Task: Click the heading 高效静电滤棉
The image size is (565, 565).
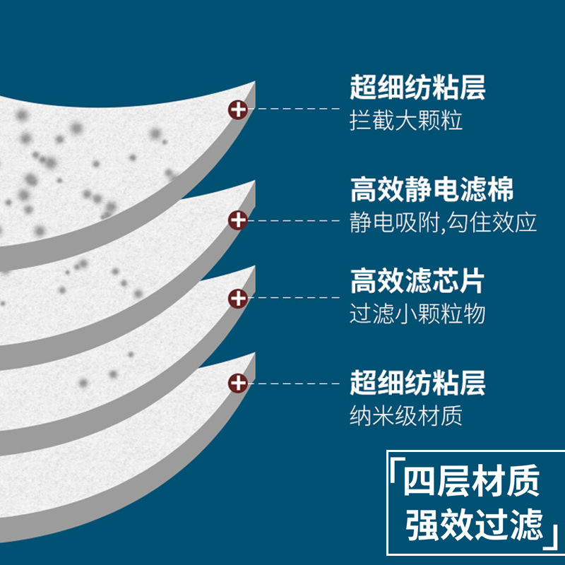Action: (x=431, y=191)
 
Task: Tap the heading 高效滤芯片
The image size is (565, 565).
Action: (x=417, y=282)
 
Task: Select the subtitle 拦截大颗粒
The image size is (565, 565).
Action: (x=406, y=121)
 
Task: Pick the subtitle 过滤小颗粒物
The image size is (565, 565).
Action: (x=417, y=314)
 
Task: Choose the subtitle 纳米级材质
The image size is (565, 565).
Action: (x=406, y=415)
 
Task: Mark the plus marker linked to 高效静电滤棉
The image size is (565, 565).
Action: (x=239, y=220)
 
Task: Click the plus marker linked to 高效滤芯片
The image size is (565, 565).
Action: (x=239, y=298)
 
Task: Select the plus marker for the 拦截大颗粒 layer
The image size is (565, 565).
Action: (x=239, y=109)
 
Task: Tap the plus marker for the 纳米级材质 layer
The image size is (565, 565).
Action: (x=239, y=383)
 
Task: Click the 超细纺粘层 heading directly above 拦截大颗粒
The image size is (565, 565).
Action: (x=417, y=90)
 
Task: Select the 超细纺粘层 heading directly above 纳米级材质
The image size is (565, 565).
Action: (x=417, y=384)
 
